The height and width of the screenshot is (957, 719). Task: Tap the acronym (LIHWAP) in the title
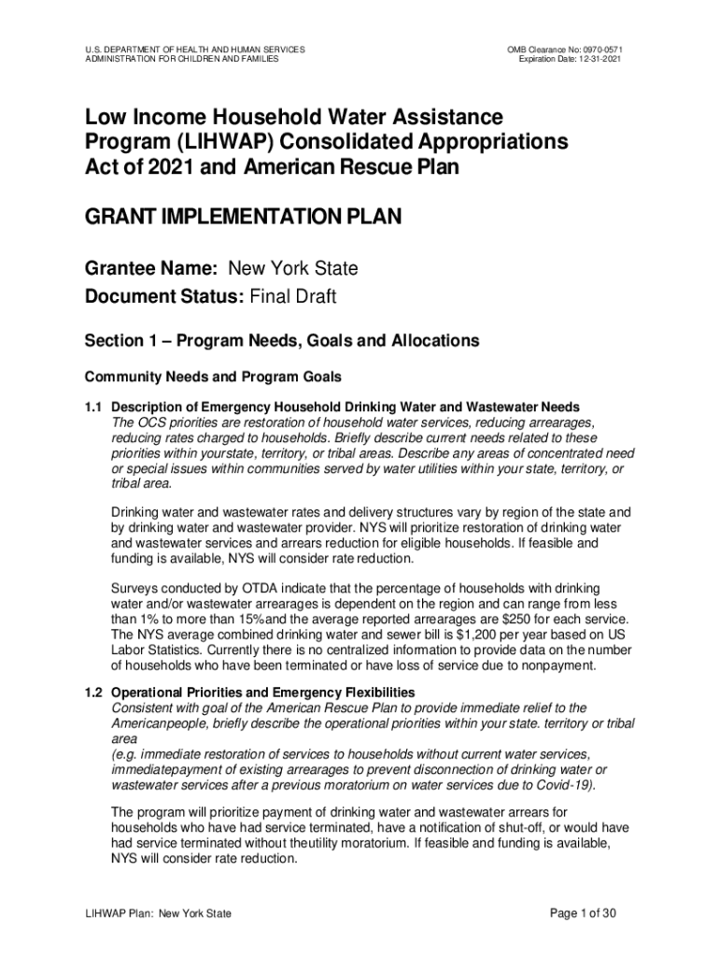210,143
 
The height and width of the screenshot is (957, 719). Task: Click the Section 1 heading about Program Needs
282,341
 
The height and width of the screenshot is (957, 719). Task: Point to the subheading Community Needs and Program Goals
213,378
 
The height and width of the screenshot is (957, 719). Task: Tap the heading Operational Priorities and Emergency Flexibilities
263,693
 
